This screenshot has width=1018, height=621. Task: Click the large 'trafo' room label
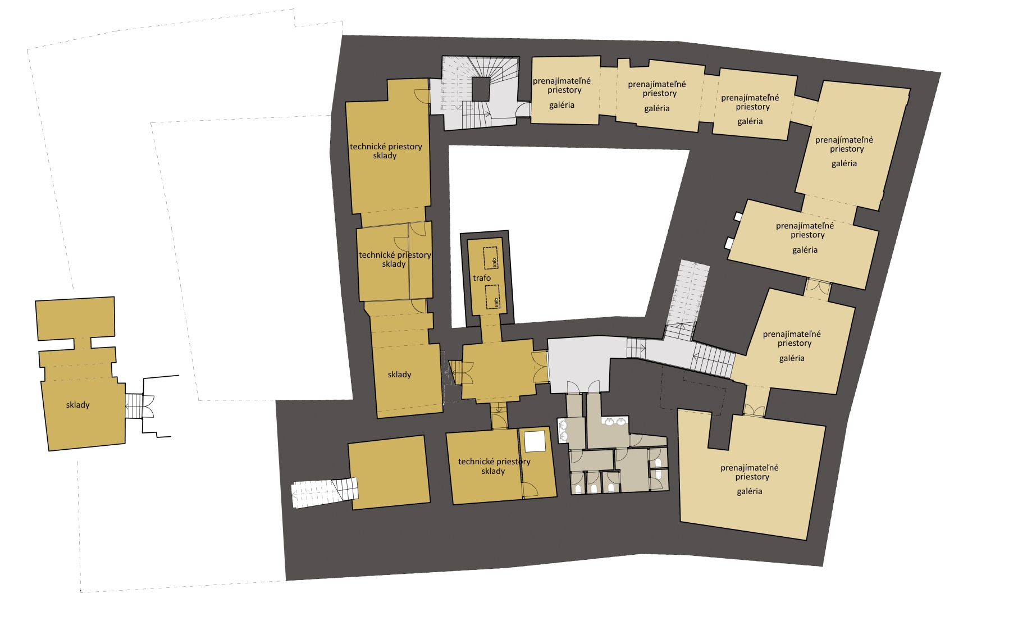[x=482, y=278]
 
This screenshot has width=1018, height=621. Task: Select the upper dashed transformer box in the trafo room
[x=491, y=258]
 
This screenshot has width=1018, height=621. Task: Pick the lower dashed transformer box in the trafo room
[x=492, y=297]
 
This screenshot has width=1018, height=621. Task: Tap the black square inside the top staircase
[x=481, y=89]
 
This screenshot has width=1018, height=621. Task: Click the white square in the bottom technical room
[x=535, y=441]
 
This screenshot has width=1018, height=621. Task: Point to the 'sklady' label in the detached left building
[x=77, y=405]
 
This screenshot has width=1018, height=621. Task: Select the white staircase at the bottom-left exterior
[x=325, y=492]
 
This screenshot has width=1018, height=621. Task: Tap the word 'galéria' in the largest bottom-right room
[x=750, y=491]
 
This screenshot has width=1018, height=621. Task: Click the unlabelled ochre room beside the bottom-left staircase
[x=389, y=473]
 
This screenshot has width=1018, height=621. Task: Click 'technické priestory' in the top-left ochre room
[x=386, y=147]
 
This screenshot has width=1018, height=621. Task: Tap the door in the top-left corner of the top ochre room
[x=422, y=95]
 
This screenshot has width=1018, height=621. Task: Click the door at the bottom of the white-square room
[x=531, y=490]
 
